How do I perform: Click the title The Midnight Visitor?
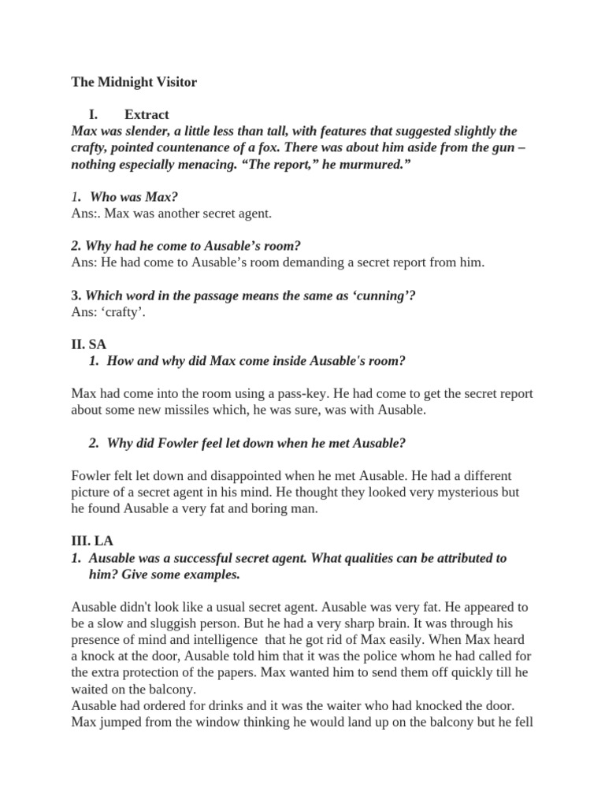(134, 82)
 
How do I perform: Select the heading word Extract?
(147, 114)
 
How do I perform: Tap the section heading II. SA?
(89, 344)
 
